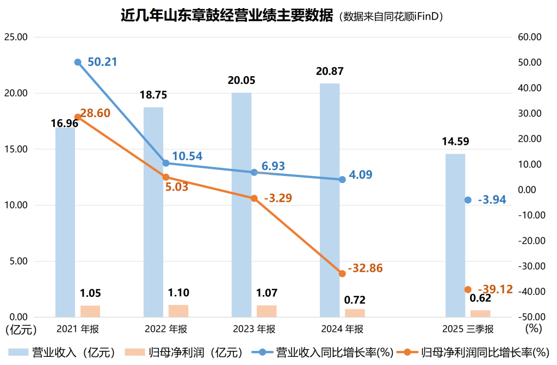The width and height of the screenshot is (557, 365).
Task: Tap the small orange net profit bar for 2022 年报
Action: tap(178, 311)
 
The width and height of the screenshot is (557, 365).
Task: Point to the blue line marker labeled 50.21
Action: tap(78, 62)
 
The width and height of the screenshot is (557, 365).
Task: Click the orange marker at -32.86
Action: tap(342, 273)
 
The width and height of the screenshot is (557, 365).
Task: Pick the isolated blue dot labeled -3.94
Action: tap(468, 200)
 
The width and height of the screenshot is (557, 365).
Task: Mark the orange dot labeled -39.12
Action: tap(468, 289)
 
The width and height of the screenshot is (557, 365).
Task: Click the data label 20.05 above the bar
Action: tap(242, 81)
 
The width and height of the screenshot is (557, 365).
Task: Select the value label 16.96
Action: tap(65, 123)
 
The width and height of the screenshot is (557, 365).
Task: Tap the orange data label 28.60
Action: tap(96, 113)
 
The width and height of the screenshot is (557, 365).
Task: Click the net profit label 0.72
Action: tap(355, 300)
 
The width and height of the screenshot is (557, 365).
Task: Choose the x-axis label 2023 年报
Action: tap(254, 329)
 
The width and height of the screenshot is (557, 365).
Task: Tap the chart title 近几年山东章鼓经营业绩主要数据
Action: tap(226, 16)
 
